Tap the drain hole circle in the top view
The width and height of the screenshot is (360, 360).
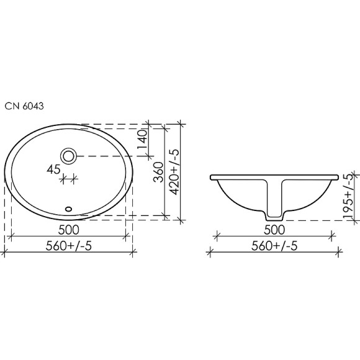(68, 155)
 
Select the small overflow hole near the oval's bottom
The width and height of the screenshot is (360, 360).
(69, 209)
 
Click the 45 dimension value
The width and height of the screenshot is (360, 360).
(53, 168)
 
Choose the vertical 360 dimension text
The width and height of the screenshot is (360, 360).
(158, 171)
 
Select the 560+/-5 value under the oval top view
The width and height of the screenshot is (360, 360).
(69, 245)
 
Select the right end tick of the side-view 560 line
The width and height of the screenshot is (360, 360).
(338, 251)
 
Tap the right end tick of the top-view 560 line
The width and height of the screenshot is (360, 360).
(133, 251)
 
